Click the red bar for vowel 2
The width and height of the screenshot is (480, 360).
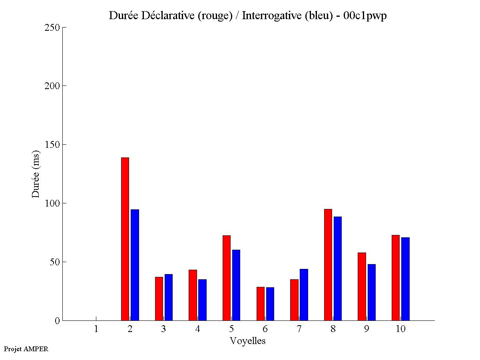tap(125, 239)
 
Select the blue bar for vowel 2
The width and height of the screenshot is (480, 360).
tap(135, 265)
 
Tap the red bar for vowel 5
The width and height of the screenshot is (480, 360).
tap(226, 278)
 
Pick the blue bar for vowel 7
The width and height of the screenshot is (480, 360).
tap(304, 294)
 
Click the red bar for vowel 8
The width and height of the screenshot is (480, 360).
tap(328, 265)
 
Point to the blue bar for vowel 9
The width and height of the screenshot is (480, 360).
tap(372, 292)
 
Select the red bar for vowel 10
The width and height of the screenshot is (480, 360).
tap(396, 278)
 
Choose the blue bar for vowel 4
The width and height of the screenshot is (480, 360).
tap(202, 300)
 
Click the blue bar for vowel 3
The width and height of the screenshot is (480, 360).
tap(168, 297)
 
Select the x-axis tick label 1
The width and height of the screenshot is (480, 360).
tap(96, 329)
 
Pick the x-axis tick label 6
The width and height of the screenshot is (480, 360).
tap(265, 329)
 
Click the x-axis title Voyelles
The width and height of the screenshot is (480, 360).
tap(247, 341)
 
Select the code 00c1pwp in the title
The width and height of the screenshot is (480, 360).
tap(365, 16)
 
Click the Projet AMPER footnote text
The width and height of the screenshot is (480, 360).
tap(26, 349)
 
